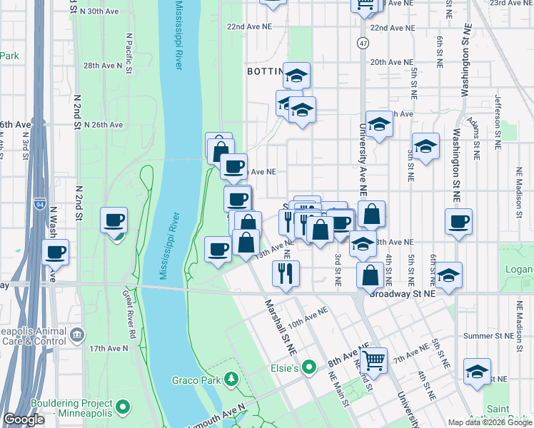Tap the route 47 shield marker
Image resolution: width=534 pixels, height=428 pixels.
tap(363, 44)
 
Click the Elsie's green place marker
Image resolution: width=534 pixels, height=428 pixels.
tap(308, 368)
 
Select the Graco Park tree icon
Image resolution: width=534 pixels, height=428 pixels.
tap(231, 379)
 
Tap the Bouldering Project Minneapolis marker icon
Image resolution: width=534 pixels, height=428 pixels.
tap(123, 407)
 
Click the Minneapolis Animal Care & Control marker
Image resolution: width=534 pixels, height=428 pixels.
tap(78, 334)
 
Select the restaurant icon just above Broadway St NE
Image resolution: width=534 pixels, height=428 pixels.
tap(286, 272)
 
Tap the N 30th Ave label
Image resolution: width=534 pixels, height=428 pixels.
tap(99, 12)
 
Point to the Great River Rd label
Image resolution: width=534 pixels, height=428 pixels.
tap(129, 314)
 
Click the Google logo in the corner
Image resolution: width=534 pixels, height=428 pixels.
tap(24, 419)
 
